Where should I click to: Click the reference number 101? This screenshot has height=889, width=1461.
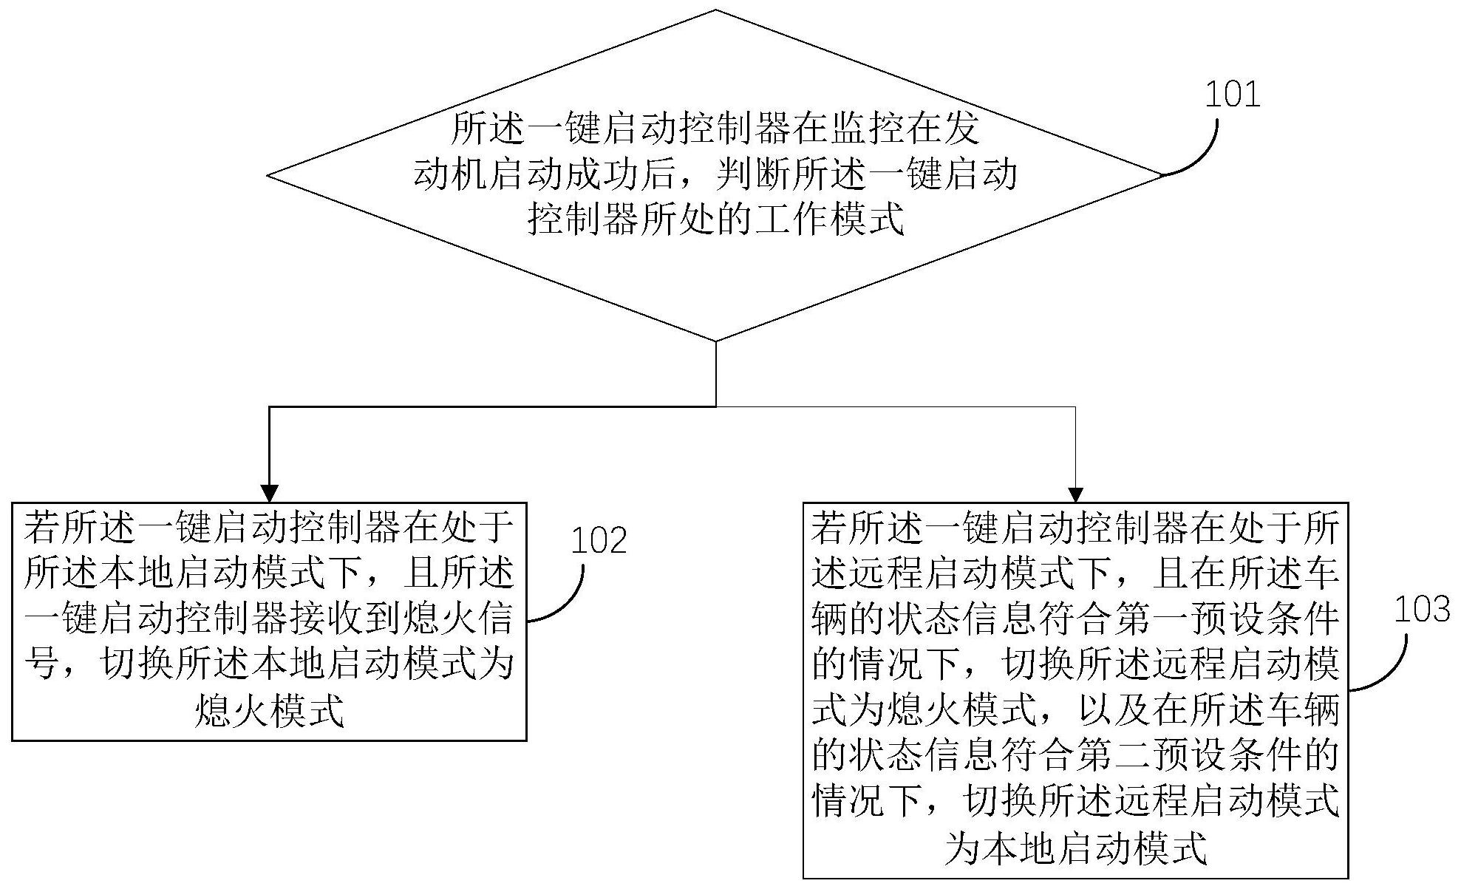pos(1232,95)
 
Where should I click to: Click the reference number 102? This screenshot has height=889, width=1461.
pos(599,540)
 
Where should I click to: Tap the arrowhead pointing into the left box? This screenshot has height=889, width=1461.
pos(270,494)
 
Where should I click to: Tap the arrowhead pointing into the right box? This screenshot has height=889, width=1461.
pos(1075,494)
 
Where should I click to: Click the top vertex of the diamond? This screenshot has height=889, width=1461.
pos(715,10)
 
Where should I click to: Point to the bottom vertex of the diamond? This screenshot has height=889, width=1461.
pos(715,341)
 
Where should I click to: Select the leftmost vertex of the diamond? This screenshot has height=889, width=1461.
pos(268,176)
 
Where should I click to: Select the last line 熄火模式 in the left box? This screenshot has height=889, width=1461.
pos(269,712)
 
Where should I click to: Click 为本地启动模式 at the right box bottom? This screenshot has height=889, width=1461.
pos(1075,848)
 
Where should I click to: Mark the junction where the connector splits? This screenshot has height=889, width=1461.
pos(715,406)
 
